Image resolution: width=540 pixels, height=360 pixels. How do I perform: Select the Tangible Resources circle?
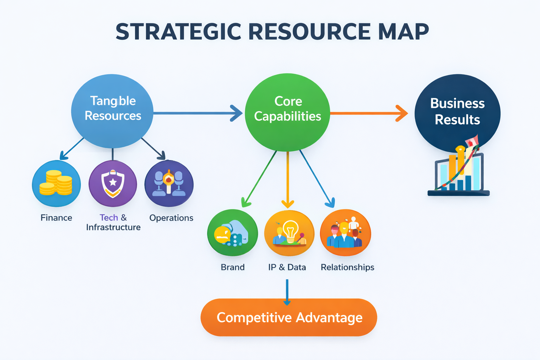(112, 111)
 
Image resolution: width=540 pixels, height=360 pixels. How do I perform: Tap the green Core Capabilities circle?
(287, 112)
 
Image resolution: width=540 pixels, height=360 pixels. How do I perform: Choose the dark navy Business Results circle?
(457, 111)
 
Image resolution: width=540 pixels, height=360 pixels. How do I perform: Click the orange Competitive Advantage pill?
(289, 317)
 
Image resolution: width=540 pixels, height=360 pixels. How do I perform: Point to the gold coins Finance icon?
(56, 183)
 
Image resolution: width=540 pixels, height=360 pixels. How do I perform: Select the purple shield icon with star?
(112, 183)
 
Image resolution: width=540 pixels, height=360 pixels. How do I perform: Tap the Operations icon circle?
(169, 183)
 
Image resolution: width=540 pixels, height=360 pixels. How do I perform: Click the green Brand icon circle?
(232, 233)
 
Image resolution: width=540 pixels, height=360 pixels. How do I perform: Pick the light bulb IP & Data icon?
(289, 233)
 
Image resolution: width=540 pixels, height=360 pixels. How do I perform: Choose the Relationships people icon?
(345, 233)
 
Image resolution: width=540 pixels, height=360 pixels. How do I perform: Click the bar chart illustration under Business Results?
(459, 171)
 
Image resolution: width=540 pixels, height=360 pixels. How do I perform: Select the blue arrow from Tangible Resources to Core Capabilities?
(197, 113)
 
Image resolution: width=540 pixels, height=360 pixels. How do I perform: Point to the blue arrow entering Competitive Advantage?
(287, 292)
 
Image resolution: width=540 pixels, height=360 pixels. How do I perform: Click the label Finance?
(56, 218)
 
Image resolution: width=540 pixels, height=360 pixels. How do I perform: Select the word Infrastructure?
(113, 227)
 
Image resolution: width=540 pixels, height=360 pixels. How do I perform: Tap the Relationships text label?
(347, 268)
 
